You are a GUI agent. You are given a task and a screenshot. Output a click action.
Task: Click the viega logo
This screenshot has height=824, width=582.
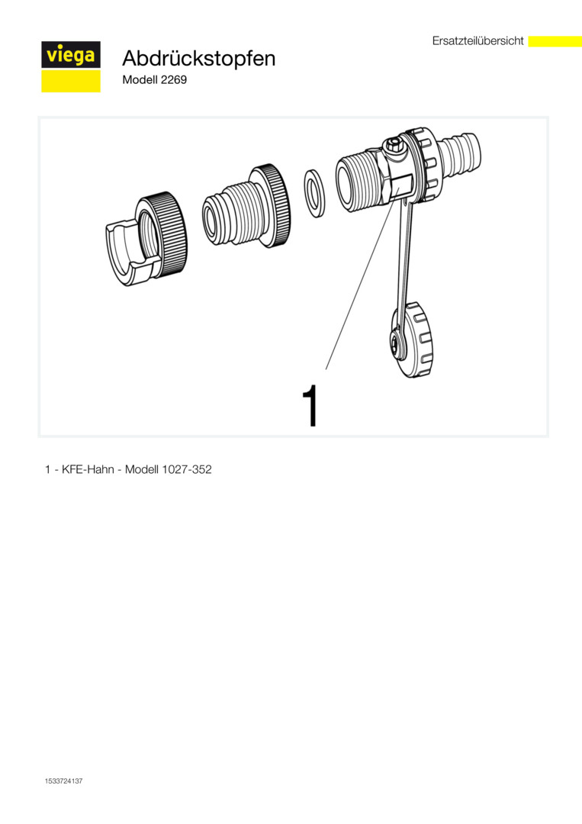pyautogui.click(x=71, y=66)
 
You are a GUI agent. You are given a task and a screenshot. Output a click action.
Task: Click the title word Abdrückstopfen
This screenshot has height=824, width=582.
pyautogui.click(x=198, y=58)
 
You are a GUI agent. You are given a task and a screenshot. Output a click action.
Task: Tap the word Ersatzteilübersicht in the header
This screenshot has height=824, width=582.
pyautogui.click(x=478, y=41)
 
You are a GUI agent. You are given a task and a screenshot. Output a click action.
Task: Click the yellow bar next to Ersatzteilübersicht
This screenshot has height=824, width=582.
pyautogui.click(x=555, y=41)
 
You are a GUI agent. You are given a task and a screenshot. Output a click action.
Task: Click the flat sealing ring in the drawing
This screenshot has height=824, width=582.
pyautogui.click(x=314, y=193)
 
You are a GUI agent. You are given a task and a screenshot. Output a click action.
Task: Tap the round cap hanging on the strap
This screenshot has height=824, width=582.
pyautogui.click(x=413, y=340)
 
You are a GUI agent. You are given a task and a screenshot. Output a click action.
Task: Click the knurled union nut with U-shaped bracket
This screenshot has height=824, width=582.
pyautogui.click(x=146, y=239)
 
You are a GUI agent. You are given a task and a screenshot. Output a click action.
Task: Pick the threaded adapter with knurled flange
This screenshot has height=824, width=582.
pyautogui.click(x=246, y=206)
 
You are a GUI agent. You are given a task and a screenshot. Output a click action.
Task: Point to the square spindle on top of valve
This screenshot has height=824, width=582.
pyautogui.click(x=394, y=144)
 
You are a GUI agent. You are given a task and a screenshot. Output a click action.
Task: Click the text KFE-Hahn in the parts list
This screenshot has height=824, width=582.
pyautogui.click(x=88, y=469)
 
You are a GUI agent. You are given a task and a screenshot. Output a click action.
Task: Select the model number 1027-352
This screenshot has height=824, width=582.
pyautogui.click(x=187, y=469)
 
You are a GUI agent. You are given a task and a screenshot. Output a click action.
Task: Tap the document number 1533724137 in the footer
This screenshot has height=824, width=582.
pyautogui.click(x=63, y=781)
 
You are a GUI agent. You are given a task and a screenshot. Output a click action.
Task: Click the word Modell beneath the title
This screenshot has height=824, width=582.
pyautogui.click(x=137, y=80)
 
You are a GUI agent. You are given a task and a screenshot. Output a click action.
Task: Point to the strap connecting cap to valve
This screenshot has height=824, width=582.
pyautogui.click(x=405, y=262)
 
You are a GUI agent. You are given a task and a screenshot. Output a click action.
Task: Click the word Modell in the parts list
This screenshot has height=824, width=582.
pyautogui.click(x=142, y=469)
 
